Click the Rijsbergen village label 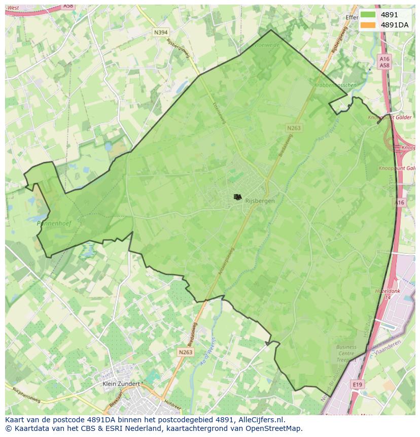260,200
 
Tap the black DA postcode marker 237,197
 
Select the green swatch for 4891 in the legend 368,15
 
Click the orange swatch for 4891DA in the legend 368,25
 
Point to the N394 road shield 160,32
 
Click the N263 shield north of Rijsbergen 293,128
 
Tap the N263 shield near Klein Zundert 186,352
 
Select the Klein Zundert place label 121,384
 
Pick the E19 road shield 358,385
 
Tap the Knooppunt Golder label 390,117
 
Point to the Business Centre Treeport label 346,354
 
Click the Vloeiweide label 267,45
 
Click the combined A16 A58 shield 384,62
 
